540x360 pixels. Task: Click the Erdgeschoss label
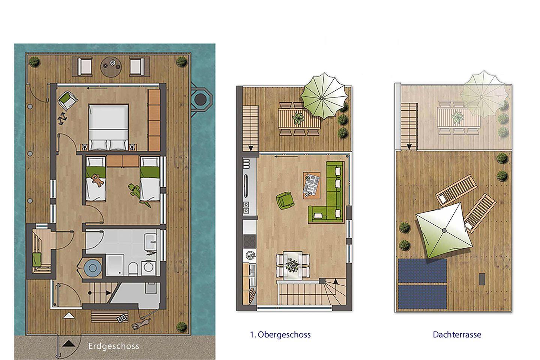point(114,346)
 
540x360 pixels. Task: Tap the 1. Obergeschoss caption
point(280,334)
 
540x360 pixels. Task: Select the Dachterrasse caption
point(457,334)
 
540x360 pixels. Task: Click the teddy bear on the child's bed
point(97,179)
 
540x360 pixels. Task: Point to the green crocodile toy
point(139,195)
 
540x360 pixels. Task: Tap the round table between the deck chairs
point(111,67)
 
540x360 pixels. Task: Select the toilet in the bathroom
point(133,268)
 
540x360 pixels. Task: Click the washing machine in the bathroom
point(148,268)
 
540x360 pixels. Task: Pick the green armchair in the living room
point(285,200)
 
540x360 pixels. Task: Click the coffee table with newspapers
point(312,185)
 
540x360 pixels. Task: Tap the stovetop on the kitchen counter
point(249,241)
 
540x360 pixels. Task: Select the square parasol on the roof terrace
point(444,231)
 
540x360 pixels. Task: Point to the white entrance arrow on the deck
point(69,316)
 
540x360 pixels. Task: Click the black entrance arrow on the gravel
point(69,343)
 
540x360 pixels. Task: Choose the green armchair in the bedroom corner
point(67,100)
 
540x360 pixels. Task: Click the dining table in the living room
point(293,265)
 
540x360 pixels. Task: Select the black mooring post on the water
point(200,100)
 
